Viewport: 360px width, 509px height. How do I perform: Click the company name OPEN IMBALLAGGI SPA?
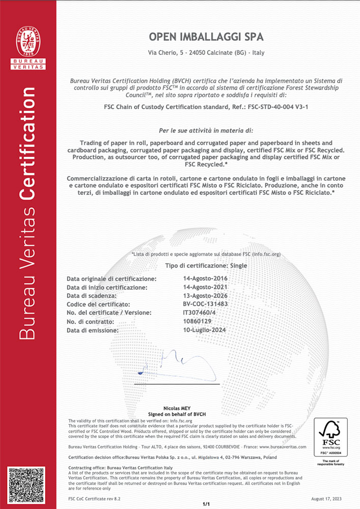(x=206, y=37)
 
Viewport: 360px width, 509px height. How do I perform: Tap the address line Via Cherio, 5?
(x=206, y=53)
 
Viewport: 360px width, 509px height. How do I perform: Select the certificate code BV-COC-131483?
(x=205, y=304)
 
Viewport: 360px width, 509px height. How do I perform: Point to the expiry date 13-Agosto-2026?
(x=205, y=296)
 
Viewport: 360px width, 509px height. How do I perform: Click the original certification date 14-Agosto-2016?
(x=205, y=279)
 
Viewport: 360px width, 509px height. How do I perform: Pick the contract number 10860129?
(x=198, y=321)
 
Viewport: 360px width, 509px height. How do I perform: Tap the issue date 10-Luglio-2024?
(x=205, y=330)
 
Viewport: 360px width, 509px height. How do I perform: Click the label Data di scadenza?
(x=92, y=296)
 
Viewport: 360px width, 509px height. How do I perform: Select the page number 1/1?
(x=206, y=504)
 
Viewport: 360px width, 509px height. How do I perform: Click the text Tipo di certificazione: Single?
(x=206, y=266)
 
